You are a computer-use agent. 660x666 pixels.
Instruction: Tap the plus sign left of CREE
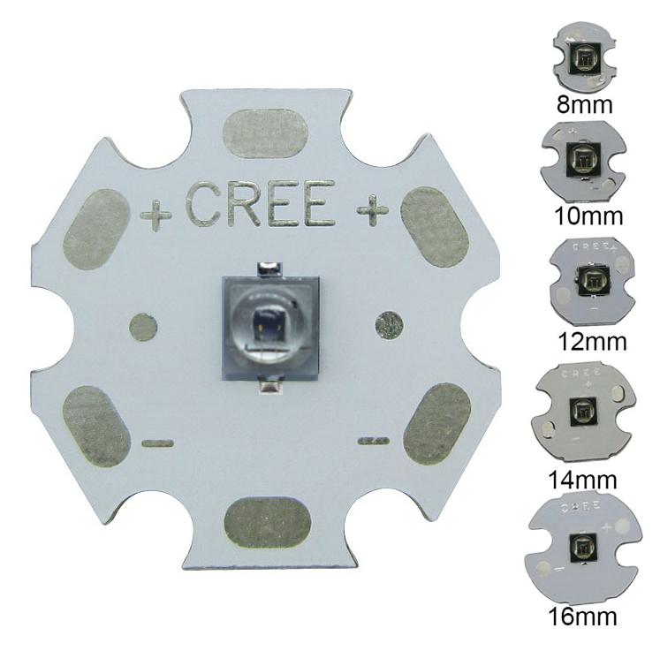pos(156,215)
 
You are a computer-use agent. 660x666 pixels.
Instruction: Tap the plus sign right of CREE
pos(373,209)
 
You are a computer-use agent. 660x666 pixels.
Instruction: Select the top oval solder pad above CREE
pos(267,134)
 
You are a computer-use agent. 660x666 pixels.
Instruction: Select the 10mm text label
pos(586,216)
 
